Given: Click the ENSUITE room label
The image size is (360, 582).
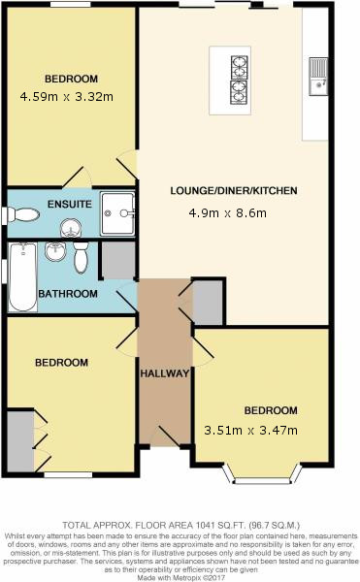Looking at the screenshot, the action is click(70, 204).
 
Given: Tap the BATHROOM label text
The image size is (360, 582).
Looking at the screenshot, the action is click(68, 294).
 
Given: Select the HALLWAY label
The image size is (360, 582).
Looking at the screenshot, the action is click(165, 373).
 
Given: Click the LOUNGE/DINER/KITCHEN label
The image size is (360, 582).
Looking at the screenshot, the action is click(234, 191).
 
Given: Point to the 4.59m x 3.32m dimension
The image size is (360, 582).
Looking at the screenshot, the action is click(66, 97).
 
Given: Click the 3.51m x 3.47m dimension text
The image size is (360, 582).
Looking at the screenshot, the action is click(251, 430).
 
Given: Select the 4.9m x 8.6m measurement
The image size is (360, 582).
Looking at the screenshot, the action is click(227, 213).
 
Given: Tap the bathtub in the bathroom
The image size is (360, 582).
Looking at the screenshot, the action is click(22, 276).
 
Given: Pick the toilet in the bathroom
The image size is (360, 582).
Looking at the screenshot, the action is click(81, 257).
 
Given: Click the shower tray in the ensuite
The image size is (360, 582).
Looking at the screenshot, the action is click(117, 213).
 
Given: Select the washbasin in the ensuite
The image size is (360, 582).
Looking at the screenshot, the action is click(71, 228).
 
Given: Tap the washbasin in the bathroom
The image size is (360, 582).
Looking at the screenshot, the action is click(55, 251).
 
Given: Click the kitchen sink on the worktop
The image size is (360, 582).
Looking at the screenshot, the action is click(318, 77).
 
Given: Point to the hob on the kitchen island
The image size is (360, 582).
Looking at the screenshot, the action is click(239, 80).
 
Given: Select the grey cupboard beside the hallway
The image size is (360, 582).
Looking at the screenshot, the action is click(208, 303).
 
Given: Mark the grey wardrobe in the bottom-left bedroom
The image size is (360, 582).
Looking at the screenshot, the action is click(20, 441).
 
